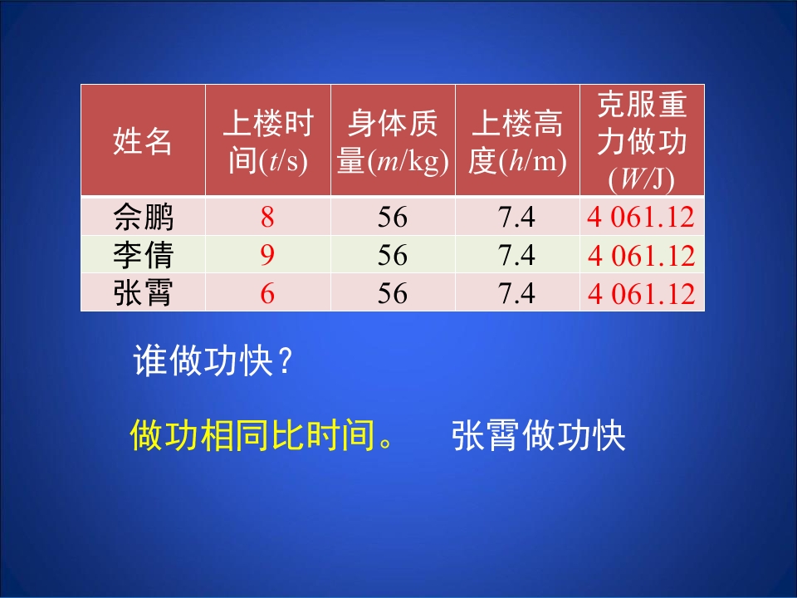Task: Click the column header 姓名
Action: (x=143, y=142)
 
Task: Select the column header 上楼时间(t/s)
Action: (x=267, y=142)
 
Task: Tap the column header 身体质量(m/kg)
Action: (x=393, y=142)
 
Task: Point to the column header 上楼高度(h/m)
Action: (x=517, y=142)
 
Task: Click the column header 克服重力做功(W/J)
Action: (x=642, y=140)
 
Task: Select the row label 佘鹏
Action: (x=143, y=218)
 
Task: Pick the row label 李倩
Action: (x=143, y=255)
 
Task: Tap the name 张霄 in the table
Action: (x=143, y=292)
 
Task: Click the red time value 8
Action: (x=267, y=218)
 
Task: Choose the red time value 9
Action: (x=267, y=255)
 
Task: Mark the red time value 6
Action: (x=267, y=292)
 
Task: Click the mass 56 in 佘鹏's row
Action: (x=393, y=218)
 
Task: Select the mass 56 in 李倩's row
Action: (x=393, y=255)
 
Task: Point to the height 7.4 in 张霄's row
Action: (x=517, y=292)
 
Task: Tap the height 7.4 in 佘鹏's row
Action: (x=517, y=218)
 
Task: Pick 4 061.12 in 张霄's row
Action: (x=641, y=293)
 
